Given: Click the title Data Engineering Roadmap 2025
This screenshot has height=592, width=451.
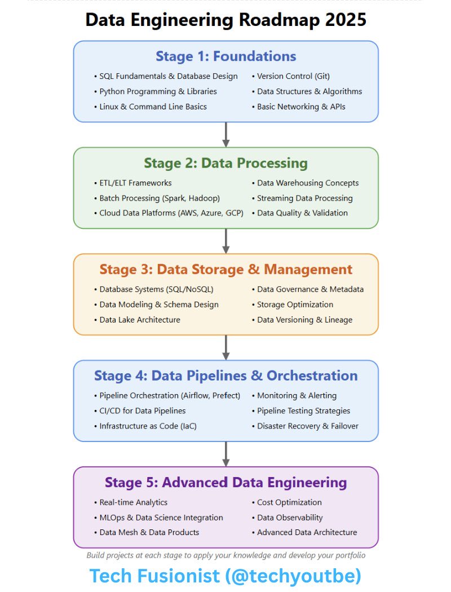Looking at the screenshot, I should click(225, 20).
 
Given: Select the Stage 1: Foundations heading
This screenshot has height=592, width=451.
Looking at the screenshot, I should click(225, 56).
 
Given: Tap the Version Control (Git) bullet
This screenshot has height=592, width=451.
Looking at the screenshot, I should click(293, 76).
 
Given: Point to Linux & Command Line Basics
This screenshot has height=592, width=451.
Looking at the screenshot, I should click(153, 107).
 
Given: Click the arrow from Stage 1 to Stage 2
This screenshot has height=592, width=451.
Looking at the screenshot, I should click(225, 134).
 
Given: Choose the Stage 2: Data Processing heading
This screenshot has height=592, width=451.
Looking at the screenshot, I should click(225, 164).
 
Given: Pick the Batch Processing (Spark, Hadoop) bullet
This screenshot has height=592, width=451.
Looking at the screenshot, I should click(160, 198).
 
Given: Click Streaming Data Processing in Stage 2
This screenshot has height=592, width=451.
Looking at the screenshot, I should click(304, 198).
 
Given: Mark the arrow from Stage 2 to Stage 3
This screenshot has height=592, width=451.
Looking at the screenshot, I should click(225, 241).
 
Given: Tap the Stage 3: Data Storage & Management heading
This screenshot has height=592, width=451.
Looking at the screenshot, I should click(225, 270).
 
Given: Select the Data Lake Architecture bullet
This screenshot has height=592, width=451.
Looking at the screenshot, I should click(140, 320).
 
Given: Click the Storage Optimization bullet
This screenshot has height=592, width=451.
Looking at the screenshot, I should click(295, 304).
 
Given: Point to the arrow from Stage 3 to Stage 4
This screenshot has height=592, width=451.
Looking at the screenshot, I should click(225, 347).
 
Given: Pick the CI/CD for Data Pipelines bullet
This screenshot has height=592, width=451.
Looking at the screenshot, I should click(143, 411).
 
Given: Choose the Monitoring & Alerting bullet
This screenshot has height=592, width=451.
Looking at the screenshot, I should click(297, 396).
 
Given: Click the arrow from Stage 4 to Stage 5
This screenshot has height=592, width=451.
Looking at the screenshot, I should click(225, 454).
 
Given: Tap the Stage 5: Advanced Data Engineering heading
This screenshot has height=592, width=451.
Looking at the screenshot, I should click(225, 483).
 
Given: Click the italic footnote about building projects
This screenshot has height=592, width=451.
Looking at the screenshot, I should click(225, 555).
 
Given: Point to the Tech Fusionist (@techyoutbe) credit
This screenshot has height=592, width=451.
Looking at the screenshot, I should click(225, 576).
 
